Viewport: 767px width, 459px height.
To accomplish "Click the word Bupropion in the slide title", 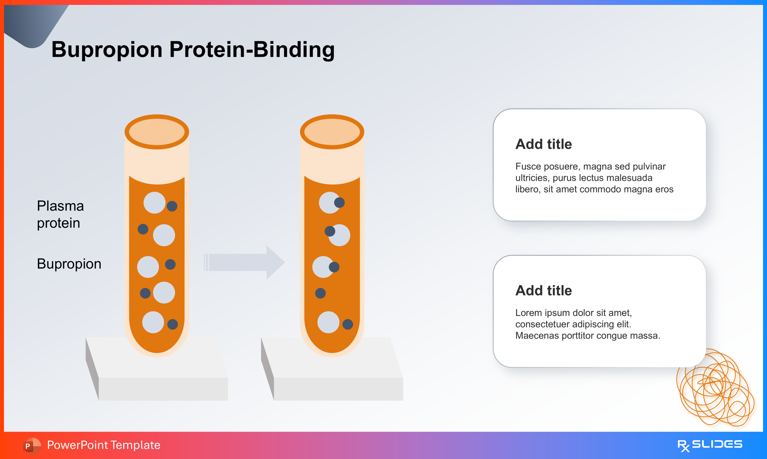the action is click(107, 49).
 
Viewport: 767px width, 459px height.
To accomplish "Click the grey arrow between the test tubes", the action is click(244, 263).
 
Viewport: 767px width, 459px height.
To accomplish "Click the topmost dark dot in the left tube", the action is click(172, 206).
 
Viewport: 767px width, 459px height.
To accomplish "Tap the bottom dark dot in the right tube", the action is click(348, 324).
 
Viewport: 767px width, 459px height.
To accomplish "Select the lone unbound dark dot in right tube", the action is click(320, 293).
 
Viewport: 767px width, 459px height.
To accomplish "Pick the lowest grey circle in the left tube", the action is click(153, 322).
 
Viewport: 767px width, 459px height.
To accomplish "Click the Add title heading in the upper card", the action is click(543, 144).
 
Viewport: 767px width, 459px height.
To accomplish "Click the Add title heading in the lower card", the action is click(543, 291).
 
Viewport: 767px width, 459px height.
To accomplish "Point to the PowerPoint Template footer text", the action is click(104, 445).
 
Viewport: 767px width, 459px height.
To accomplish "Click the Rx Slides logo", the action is click(710, 445).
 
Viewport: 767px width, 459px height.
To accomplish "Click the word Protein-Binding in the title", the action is click(252, 49).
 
